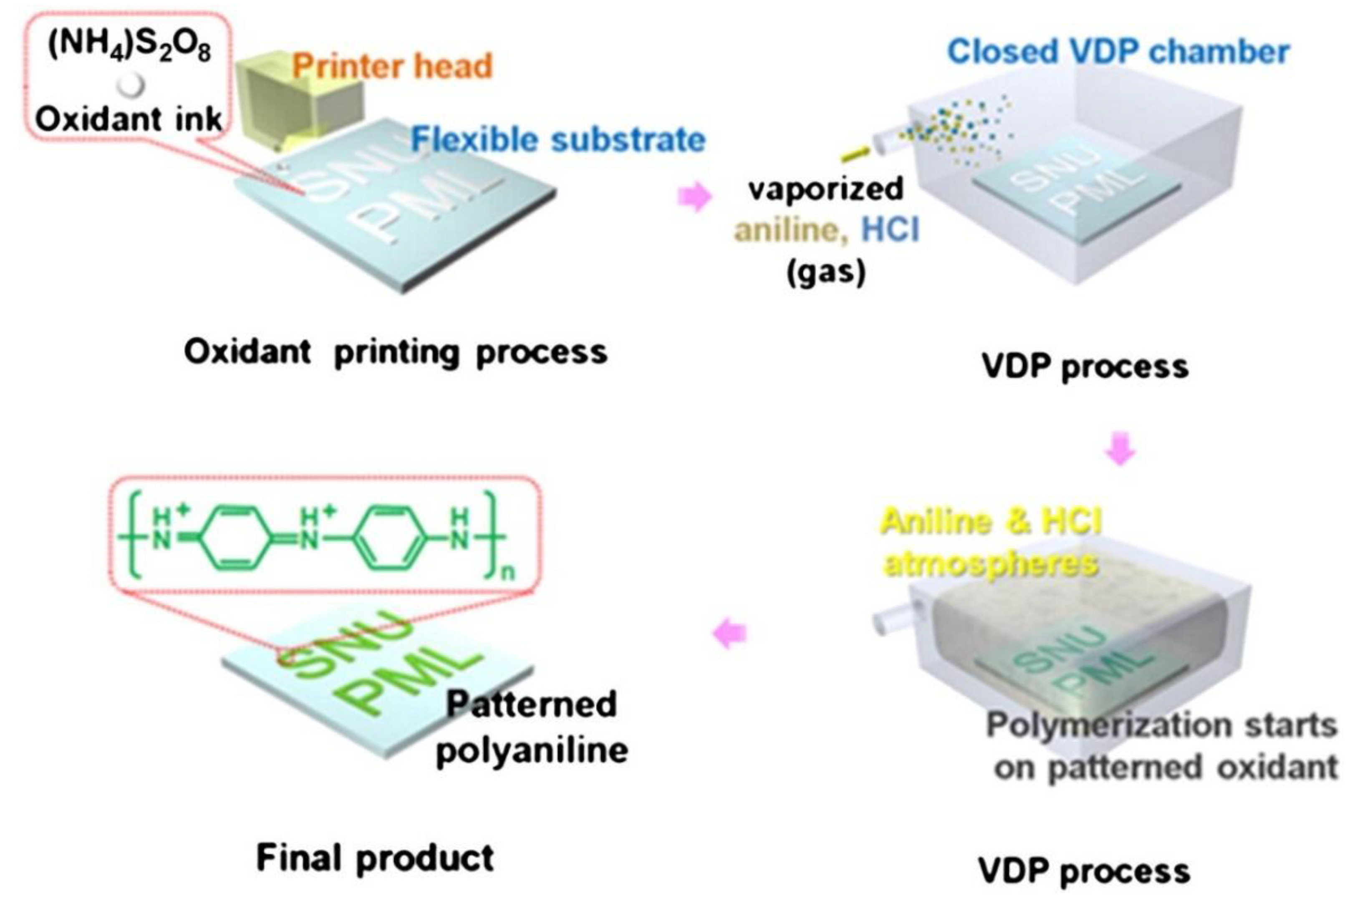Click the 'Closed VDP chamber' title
click(1118, 51)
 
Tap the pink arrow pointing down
click(1120, 449)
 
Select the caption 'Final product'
click(375, 858)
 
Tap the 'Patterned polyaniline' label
click(531, 727)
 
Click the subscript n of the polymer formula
click(508, 573)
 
